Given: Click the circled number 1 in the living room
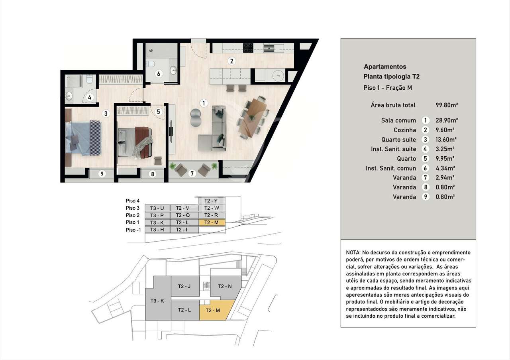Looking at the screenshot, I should tap(204, 103).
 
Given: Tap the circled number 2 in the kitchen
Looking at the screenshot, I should tap(231, 61).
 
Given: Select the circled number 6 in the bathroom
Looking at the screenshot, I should tap(158, 74).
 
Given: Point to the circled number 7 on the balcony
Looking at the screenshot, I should tap(192, 173).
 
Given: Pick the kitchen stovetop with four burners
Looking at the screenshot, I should tap(248, 47).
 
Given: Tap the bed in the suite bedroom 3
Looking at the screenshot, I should tap(83, 138).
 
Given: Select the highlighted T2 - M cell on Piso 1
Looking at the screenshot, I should tap(211, 222).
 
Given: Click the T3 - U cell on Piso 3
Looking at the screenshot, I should tap(157, 208).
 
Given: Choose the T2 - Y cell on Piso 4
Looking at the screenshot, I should tap(211, 201).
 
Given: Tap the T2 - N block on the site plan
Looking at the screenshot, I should tap(224, 286).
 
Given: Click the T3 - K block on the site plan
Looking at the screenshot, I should tap(157, 301).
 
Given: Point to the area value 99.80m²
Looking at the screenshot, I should tap(447, 105).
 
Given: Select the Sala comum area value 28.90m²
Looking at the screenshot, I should tap(447, 120).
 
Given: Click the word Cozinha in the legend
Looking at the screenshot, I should tap(404, 130).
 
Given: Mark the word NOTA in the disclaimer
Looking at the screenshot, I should tap(353, 253).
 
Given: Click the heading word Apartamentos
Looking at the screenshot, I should tap(385, 67).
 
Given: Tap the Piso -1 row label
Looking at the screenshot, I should tap(133, 230).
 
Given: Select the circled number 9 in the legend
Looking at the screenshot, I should tap(426, 197).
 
